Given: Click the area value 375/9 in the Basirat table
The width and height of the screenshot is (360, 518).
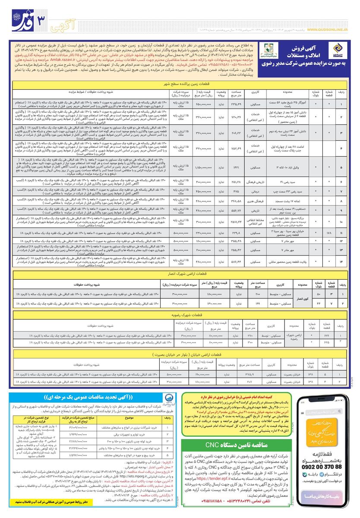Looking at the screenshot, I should pyautogui.click(x=249, y=374).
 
